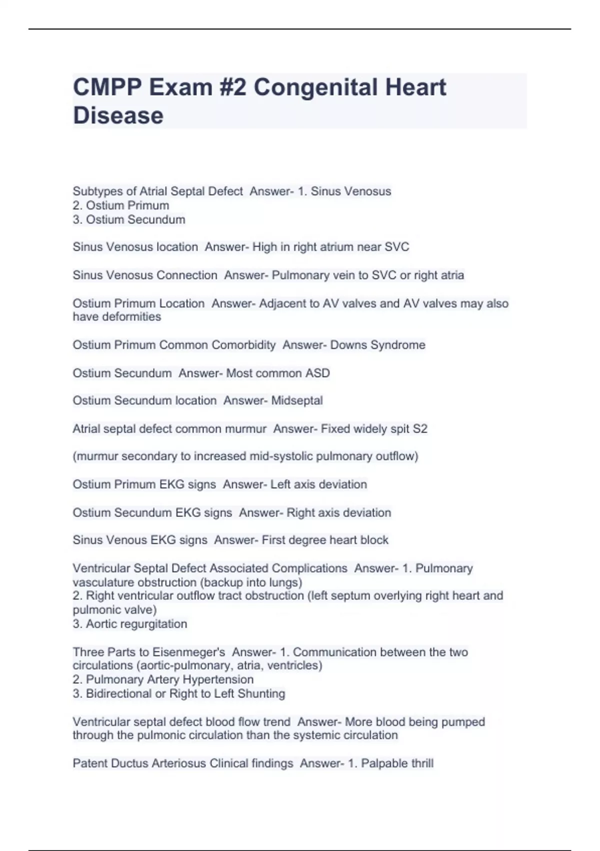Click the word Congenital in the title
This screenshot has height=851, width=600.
(315, 88)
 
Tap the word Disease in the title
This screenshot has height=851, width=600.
(118, 116)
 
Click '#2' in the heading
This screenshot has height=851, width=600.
(232, 88)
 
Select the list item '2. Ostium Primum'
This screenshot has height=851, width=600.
(121, 205)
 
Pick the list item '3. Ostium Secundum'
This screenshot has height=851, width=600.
(129, 219)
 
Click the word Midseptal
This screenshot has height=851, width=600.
(297, 400)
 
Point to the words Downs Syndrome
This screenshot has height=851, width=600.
(377, 345)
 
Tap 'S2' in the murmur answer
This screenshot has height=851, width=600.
(420, 429)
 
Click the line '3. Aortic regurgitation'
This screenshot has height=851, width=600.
(130, 624)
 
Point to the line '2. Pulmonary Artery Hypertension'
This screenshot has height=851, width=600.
(163, 679)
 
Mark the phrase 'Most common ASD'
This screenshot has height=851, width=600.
(278, 373)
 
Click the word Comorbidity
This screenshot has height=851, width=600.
(243, 345)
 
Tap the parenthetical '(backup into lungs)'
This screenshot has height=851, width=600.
(251, 582)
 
